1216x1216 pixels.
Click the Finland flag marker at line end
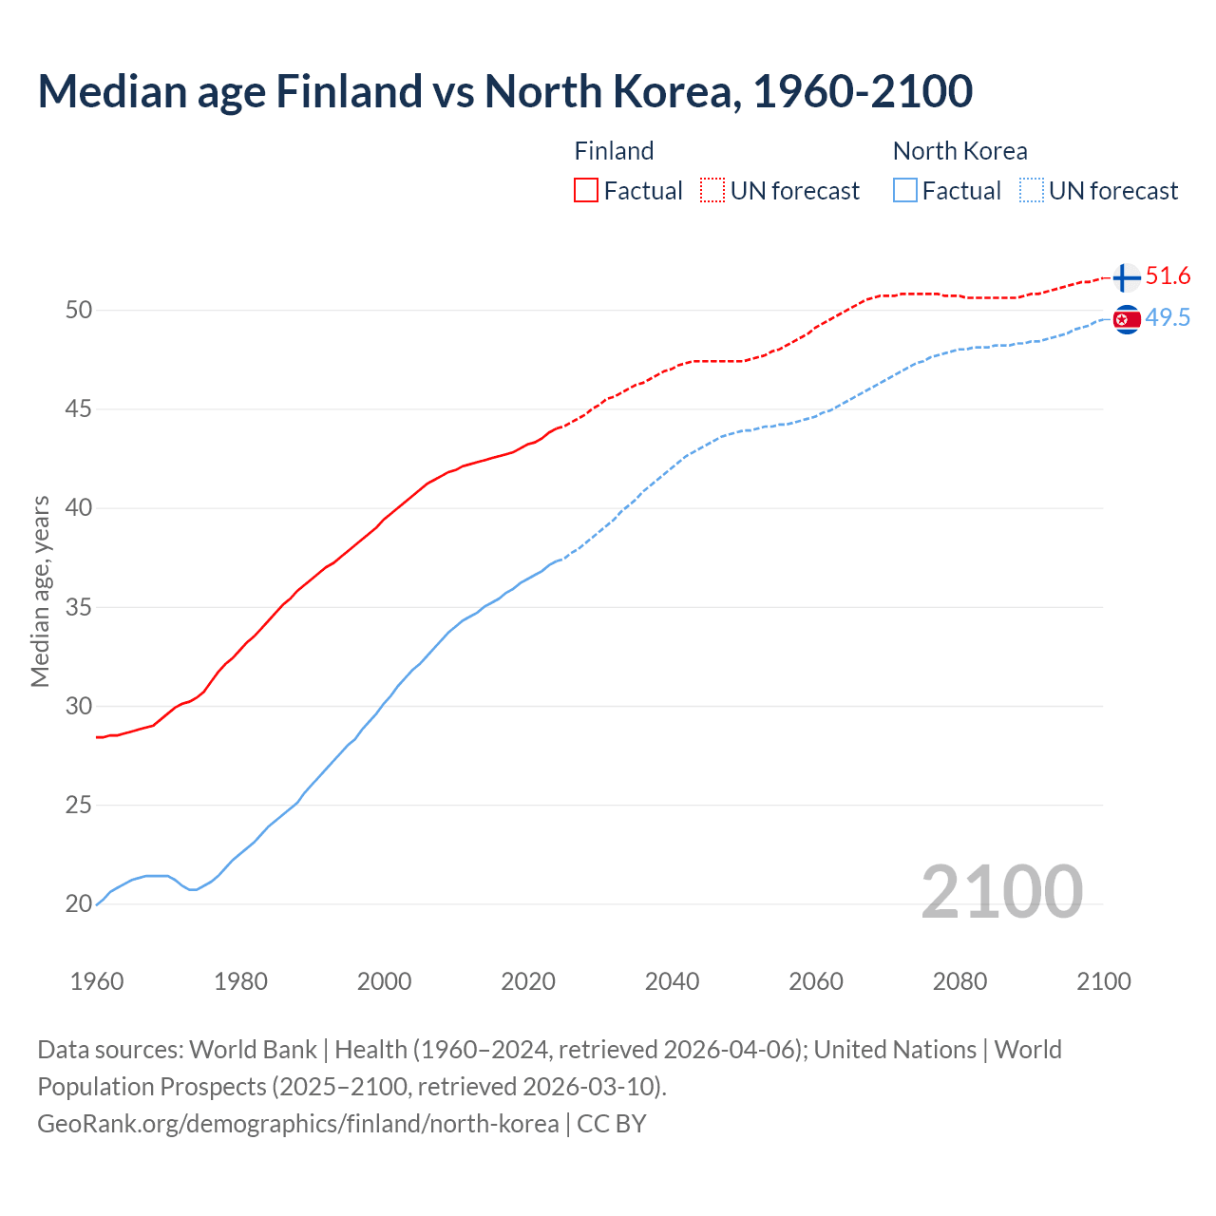pos(1126,277)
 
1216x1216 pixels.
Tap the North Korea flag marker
pos(1126,320)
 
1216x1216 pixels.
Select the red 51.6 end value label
pos(1168,276)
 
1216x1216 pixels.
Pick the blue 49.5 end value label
pos(1168,318)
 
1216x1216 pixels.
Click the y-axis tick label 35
pos(79,607)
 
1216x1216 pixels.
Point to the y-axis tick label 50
pos(79,311)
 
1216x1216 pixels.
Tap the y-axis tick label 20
pos(79,904)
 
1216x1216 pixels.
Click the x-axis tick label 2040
pos(672,981)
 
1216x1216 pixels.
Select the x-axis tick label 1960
pos(97,981)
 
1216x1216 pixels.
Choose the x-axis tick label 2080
pos(959,981)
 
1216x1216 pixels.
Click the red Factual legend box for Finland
pos(586,190)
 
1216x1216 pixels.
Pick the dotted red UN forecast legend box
pos(712,190)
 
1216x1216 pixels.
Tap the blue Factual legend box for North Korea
pos(905,190)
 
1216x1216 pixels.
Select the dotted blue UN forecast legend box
pos(1031,190)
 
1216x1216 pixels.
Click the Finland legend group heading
pos(614,151)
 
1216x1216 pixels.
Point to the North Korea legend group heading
pos(959,151)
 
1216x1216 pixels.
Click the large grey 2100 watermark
pos(1001,891)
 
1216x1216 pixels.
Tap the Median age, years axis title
pos(40,591)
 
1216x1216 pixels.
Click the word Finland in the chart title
pos(349,91)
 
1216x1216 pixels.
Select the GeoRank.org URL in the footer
pos(297,1124)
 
